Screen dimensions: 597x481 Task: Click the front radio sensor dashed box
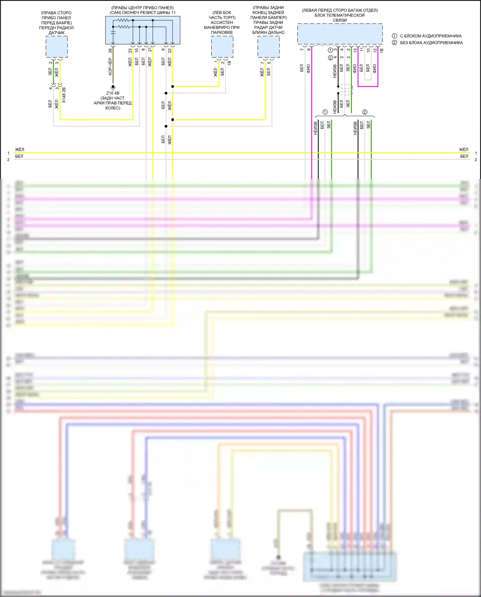pos(56,47)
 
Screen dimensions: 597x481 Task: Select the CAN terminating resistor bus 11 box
pos(143,30)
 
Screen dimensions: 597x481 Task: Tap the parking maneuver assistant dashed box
pos(222,47)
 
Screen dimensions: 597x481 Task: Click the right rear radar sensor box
pos(268,47)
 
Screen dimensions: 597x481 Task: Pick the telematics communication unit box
pos(340,34)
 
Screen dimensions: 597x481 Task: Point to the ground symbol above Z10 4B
pos(113,87)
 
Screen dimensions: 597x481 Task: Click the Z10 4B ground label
pos(113,93)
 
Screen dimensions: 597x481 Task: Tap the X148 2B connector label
pos(64,95)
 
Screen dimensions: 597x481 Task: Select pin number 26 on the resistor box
pos(111,50)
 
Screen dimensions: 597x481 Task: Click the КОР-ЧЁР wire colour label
pos(110,67)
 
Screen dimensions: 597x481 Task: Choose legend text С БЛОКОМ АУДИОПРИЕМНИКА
pos(431,36)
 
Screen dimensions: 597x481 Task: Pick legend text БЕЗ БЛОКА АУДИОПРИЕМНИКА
pos(431,43)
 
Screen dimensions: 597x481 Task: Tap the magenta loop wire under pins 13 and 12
pos(368,86)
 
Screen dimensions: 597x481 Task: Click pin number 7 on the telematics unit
pos(302,50)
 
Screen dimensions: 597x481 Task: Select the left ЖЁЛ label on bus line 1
pos(20,149)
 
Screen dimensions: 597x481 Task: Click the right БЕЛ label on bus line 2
pos(464,156)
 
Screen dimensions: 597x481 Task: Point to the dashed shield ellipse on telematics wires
pos(346,90)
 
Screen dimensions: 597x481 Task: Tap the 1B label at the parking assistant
pos(229,63)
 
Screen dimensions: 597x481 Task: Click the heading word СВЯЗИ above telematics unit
pos(340,20)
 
